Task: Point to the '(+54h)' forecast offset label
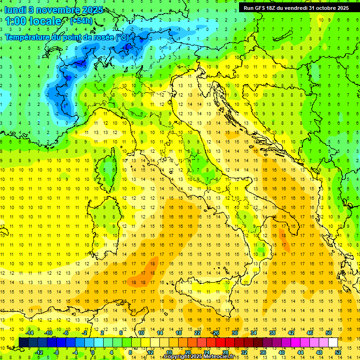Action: (81, 21)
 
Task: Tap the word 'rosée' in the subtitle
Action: (104, 37)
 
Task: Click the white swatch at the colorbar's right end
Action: (333, 343)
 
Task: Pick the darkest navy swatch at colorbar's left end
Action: (23, 343)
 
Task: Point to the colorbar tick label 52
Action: (338, 352)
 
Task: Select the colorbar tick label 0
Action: (93, 352)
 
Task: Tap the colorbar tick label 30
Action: (235, 333)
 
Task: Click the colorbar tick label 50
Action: (329, 333)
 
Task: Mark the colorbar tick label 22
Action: (197, 333)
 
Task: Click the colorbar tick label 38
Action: (272, 333)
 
